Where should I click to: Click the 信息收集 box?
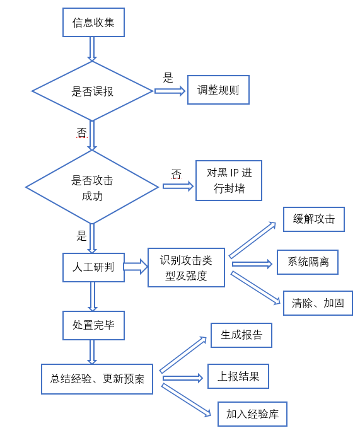pos(93,22)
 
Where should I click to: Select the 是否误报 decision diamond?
pos(92,91)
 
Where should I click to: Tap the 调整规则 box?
pos(218,89)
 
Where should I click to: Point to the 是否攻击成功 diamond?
pos(92,187)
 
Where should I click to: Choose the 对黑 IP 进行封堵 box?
pos(229,180)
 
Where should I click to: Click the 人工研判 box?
pos(93,267)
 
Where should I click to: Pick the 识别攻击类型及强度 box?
pos(186,267)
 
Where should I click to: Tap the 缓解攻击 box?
pos(314,219)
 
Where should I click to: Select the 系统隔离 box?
pos(308,262)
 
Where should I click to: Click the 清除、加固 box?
pos(318,303)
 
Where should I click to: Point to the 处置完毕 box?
pos(93,325)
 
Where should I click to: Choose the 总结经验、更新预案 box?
pos(97,379)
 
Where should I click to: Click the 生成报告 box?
pos(241,335)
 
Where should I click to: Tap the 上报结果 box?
pos(238,376)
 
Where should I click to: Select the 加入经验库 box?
pos(253,414)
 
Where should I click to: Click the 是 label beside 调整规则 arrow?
pos(168,78)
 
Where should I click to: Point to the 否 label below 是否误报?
pos(82,132)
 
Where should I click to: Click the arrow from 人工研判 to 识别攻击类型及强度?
pos(136,267)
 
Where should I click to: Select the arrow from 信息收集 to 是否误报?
pos(92,49)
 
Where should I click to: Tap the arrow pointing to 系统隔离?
pos(252,264)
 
